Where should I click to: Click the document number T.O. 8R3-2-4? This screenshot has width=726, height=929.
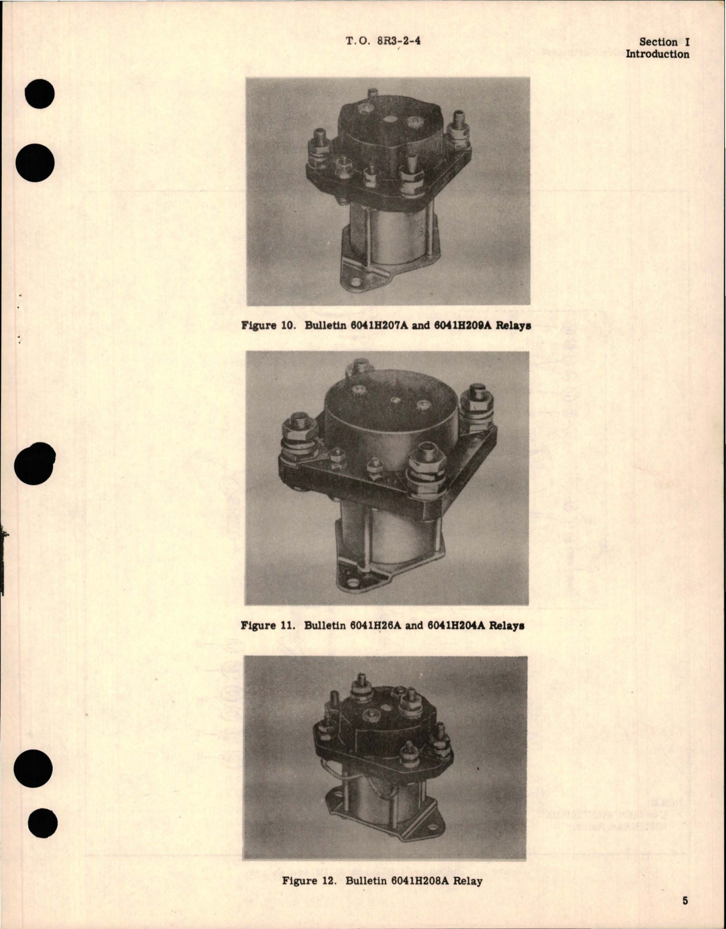(x=382, y=41)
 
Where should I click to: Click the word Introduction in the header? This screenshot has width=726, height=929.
(x=657, y=54)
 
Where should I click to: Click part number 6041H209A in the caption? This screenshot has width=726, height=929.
(x=463, y=325)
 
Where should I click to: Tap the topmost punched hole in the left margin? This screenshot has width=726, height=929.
(x=40, y=94)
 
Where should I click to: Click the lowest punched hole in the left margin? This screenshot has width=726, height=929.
(x=40, y=823)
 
